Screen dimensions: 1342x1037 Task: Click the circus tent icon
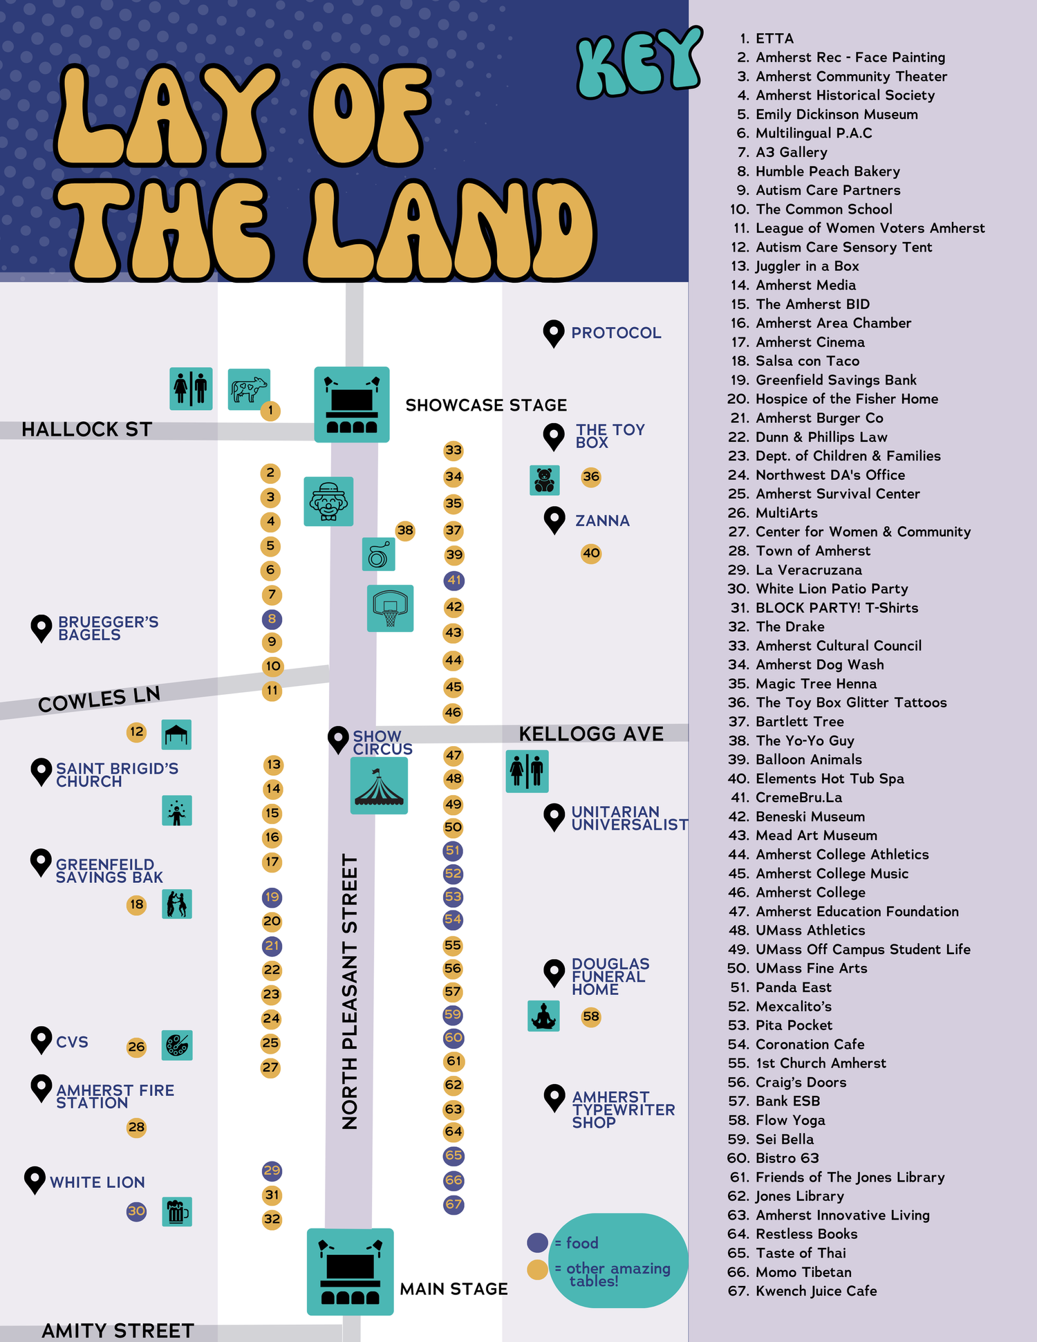pos(379,785)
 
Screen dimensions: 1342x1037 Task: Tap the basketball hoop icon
pos(390,608)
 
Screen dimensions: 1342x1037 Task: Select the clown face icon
pos(328,501)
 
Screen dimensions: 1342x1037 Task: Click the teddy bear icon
pos(544,480)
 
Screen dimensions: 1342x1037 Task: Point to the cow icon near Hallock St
pos(249,389)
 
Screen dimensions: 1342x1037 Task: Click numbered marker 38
pos(405,531)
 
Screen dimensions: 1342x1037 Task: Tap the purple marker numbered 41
pos(454,581)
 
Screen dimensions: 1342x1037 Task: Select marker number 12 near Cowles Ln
pos(137,732)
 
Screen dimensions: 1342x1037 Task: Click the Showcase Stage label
pos(486,405)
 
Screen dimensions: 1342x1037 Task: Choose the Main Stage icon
pos(350,1271)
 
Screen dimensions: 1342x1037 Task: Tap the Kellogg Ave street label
pos(591,734)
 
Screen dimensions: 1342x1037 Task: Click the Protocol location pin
pos(553,333)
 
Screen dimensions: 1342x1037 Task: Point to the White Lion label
pos(97,1182)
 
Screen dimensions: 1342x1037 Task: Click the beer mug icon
pos(177,1211)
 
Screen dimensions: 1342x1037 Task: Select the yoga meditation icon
pos(543,1016)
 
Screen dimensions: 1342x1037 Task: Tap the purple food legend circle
pos(537,1242)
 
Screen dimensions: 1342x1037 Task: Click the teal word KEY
pos(639,64)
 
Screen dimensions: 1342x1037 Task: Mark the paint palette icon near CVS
pos(177,1045)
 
